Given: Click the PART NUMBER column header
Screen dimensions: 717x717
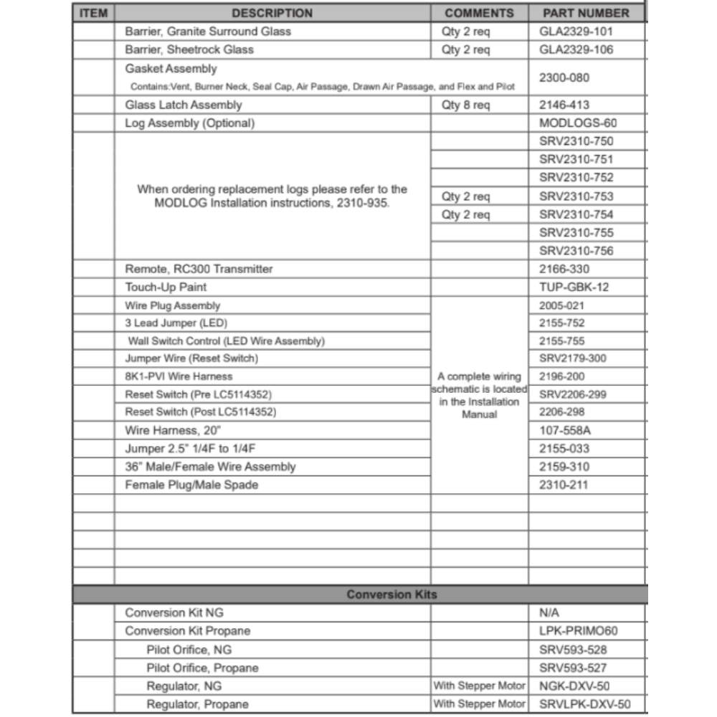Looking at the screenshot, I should click(586, 13).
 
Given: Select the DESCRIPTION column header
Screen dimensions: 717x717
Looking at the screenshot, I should click(272, 13).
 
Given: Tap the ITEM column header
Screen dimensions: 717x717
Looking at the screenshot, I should click(92, 13).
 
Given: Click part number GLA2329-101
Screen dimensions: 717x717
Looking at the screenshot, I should click(576, 32).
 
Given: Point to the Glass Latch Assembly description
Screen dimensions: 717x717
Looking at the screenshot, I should click(184, 105).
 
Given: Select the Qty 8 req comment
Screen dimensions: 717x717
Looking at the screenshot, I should click(466, 105).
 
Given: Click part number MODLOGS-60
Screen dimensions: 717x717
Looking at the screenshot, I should click(578, 123).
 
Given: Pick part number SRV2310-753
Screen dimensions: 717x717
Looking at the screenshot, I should click(576, 196).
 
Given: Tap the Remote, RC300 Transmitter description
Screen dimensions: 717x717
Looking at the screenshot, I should click(199, 269).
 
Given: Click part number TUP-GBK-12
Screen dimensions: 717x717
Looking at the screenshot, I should click(574, 288).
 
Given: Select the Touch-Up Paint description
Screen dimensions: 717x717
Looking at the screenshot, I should click(166, 288).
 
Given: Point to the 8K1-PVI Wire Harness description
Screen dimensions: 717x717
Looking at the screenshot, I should click(179, 376).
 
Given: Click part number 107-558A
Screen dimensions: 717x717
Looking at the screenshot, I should click(569, 431).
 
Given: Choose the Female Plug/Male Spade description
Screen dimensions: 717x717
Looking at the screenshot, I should click(191, 485).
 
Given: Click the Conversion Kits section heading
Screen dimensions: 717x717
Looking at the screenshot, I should click(391, 595).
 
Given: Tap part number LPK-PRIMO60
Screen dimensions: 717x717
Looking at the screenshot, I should click(578, 632).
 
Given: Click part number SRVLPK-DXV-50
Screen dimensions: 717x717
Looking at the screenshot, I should click(585, 704).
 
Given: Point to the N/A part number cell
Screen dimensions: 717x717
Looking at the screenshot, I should click(549, 613).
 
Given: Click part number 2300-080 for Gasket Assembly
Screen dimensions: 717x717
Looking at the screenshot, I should click(564, 77).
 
